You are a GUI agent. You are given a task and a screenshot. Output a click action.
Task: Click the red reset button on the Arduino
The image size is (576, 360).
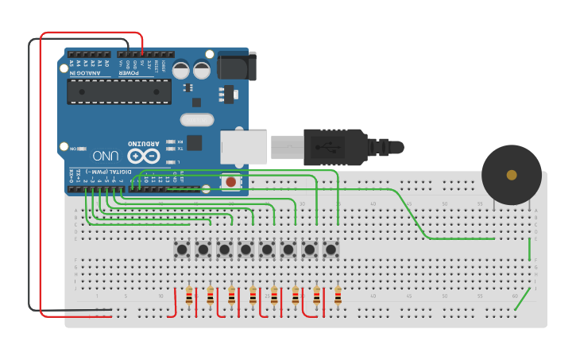pos(230,182)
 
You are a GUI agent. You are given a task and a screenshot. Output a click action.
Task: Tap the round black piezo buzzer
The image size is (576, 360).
pos(512,175)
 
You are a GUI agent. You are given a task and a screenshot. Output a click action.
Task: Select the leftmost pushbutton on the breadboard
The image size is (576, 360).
pos(182,250)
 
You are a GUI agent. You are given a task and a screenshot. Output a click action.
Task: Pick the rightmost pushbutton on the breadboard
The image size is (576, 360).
pos(331,250)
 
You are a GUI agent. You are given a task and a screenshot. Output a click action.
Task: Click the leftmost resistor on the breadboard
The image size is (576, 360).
pos(189,296)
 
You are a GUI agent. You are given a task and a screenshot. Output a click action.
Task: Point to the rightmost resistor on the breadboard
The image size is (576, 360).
pos(338,296)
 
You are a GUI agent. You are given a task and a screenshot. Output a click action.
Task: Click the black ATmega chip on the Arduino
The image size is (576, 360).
pos(119,91)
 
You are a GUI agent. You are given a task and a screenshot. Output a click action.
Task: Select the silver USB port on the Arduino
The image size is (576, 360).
pos(243,147)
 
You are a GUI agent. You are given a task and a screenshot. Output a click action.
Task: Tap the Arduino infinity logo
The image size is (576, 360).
pos(143,156)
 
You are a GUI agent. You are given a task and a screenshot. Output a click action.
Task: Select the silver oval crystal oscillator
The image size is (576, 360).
pos(197,120)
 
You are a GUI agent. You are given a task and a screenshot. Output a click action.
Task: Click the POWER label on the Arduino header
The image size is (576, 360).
pos(130,72)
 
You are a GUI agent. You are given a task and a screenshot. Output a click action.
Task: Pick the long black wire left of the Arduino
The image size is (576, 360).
pos(30,175)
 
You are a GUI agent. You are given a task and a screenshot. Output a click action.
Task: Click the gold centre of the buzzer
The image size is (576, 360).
pos(512,175)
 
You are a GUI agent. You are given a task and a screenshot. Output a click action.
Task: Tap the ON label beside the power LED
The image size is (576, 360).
pos(73,149)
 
